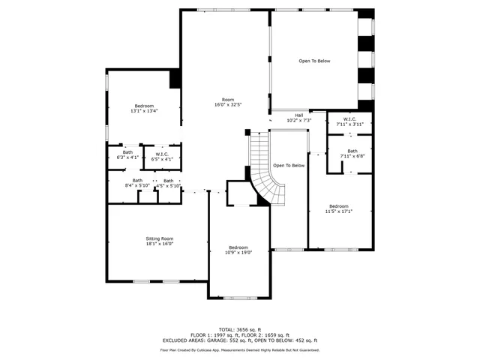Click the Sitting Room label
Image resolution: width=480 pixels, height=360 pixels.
pyautogui.click(x=159, y=238)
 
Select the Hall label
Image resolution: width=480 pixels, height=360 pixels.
pyautogui.click(x=298, y=115)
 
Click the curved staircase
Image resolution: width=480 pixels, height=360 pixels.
pyautogui.click(x=266, y=176)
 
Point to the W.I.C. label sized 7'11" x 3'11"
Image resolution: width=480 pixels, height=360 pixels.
pyautogui.click(x=349, y=118)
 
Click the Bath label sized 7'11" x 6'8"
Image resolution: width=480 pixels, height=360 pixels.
pyautogui.click(x=352, y=151)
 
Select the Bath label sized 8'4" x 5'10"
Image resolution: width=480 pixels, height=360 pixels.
pyautogui.click(x=137, y=180)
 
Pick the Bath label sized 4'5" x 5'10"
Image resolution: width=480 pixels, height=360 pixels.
pyautogui.click(x=168, y=180)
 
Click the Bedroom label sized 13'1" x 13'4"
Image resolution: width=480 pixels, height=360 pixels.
pyautogui.click(x=144, y=106)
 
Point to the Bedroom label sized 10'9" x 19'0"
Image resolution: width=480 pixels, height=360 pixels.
pyautogui.click(x=238, y=247)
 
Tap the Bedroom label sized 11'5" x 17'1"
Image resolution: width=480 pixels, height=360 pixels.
pyautogui.click(x=339, y=206)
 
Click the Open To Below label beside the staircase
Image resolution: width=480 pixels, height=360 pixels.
pyautogui.click(x=289, y=165)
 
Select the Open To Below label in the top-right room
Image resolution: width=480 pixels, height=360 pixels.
pyautogui.click(x=314, y=61)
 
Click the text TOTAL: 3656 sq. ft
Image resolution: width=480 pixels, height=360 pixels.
pyautogui.click(x=239, y=329)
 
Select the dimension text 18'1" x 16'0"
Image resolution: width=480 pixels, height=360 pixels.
pyautogui.click(x=159, y=244)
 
